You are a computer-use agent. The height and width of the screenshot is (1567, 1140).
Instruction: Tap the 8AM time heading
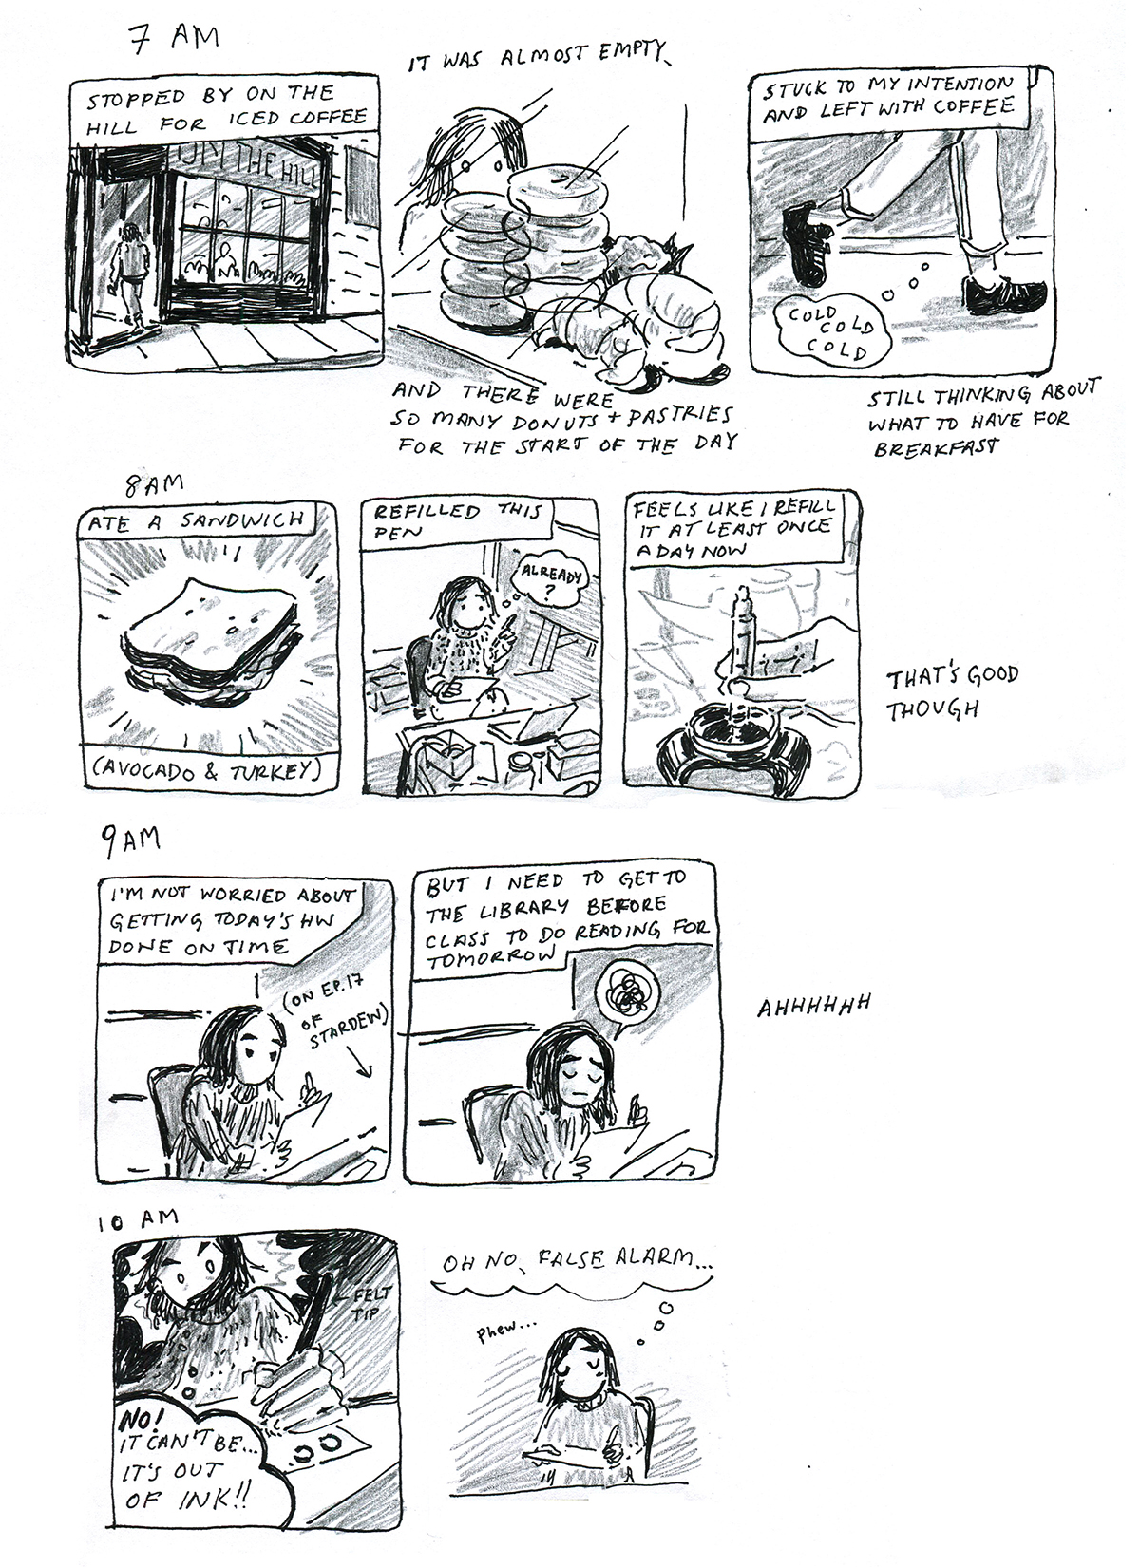[154, 483]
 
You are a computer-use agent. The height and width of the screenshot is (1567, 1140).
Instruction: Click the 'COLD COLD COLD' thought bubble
[831, 330]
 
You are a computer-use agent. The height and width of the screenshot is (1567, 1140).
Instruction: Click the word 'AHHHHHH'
[814, 1006]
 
